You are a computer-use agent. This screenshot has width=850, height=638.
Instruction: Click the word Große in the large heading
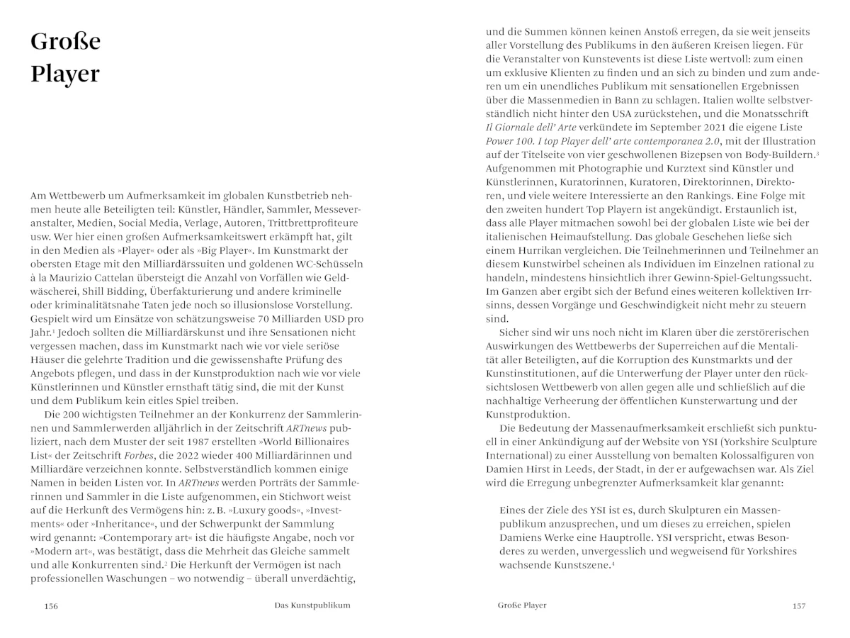(x=66, y=43)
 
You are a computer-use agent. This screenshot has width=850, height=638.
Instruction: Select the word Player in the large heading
(x=65, y=74)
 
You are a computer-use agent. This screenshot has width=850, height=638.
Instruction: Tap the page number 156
(x=51, y=605)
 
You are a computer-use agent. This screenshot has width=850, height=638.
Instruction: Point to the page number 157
(x=799, y=605)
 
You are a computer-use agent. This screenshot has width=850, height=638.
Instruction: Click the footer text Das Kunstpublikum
(x=312, y=605)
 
